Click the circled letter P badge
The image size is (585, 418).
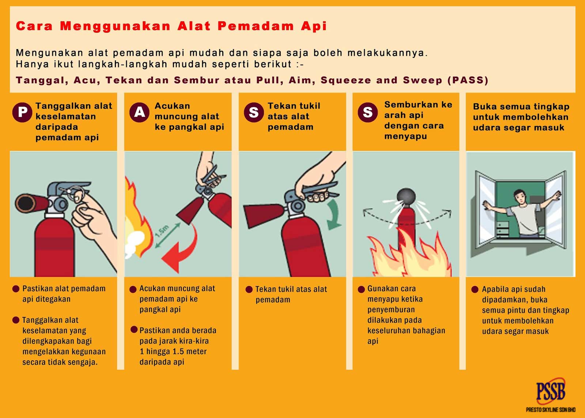tap(22, 112)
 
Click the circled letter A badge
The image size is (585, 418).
tap(139, 112)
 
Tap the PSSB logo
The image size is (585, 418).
tap(551, 391)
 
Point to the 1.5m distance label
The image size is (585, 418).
tap(162, 231)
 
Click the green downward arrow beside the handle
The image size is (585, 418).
tap(334, 216)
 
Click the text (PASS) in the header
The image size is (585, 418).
tap(468, 80)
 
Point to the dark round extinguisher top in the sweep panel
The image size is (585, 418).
tap(406, 197)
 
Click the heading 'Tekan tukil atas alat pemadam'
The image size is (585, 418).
tap(294, 116)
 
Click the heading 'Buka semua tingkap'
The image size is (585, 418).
tap(521, 107)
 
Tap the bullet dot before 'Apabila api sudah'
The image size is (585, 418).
tap(475, 289)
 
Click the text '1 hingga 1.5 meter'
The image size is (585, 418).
tap(173, 351)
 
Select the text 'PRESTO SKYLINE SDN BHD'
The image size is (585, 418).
tap(551, 410)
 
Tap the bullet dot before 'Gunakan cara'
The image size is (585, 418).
tap(361, 289)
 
